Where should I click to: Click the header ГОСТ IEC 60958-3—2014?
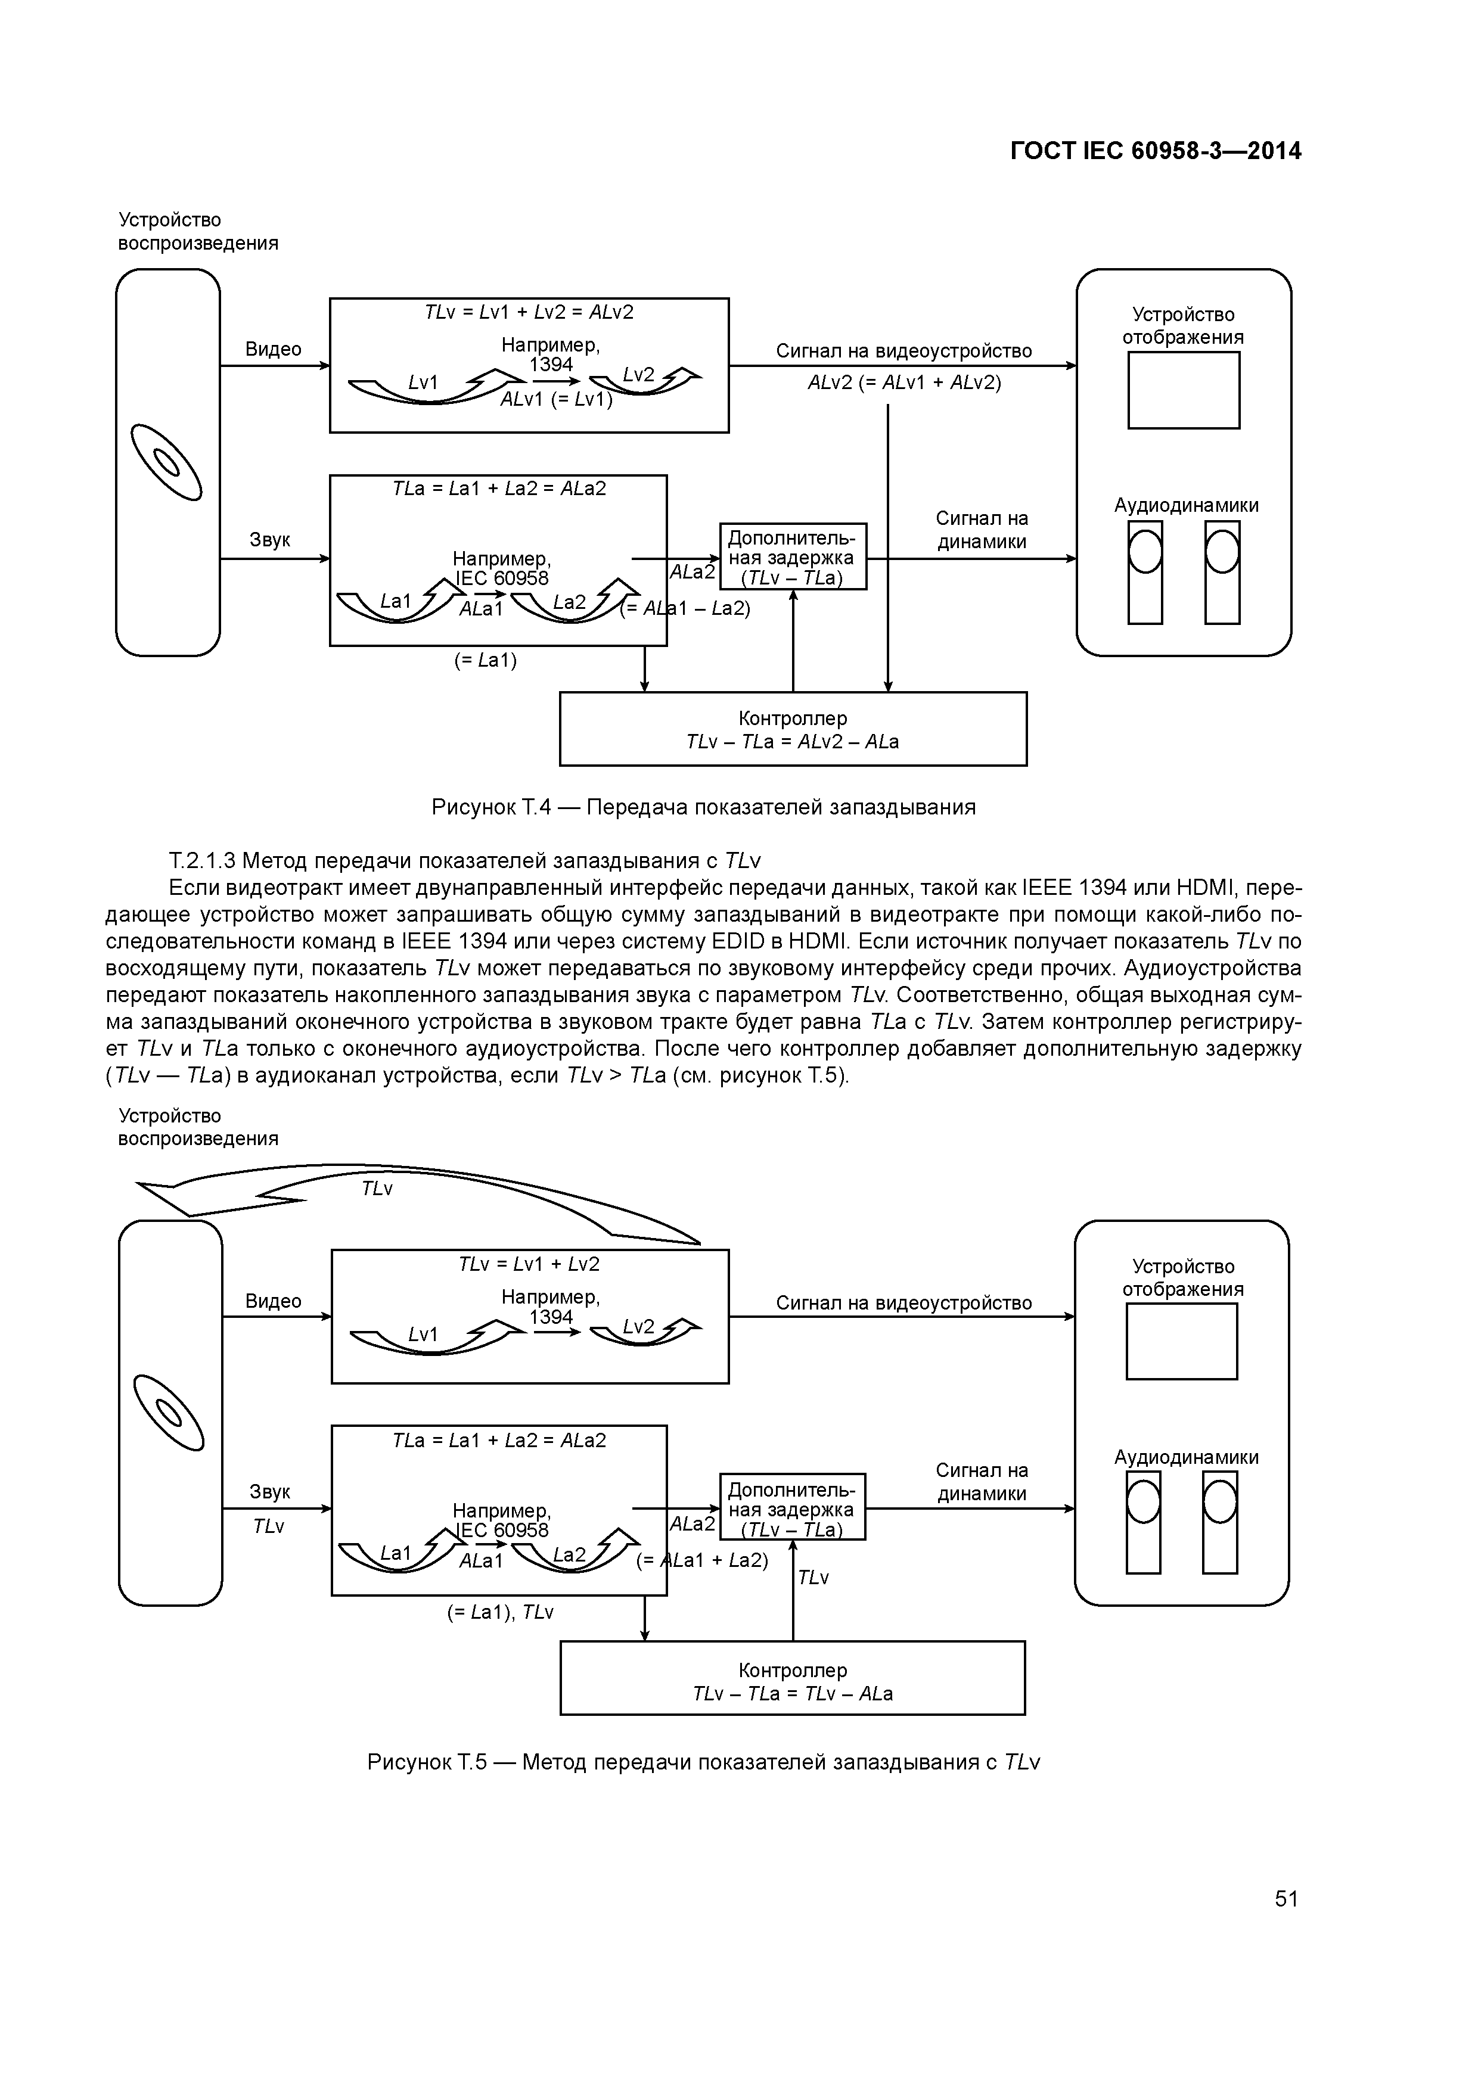pos(1156,151)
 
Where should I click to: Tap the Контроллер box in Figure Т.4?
pos(792,729)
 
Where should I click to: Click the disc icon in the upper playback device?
pos(167,462)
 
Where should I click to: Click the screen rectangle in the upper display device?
pos(1183,390)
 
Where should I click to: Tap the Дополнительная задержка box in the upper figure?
pos(792,556)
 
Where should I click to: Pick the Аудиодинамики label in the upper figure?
pos(1186,506)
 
